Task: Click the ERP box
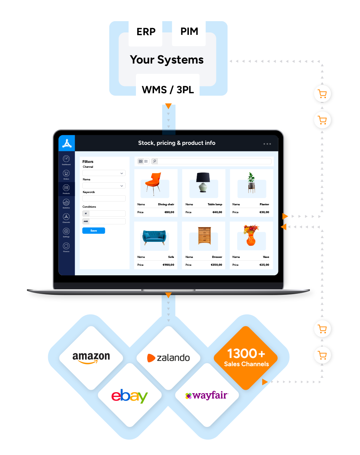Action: (146, 31)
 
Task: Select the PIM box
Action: (189, 31)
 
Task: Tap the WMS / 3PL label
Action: (168, 89)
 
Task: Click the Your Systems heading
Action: (167, 60)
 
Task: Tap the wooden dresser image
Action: (204, 236)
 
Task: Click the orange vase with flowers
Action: (251, 235)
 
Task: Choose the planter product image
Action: (251, 182)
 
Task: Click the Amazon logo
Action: (91, 357)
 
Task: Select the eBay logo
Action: (129, 396)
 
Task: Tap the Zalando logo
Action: (169, 358)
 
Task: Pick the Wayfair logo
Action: (207, 396)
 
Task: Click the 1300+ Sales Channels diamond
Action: (246, 357)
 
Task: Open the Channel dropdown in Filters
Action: (104, 173)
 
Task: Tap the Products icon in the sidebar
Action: (66, 188)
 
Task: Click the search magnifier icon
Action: (155, 161)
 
